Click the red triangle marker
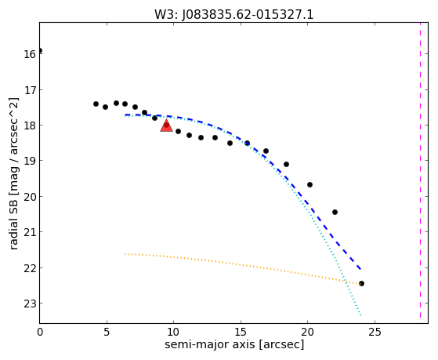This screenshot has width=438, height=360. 166,125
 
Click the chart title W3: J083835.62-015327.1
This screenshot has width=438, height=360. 234,15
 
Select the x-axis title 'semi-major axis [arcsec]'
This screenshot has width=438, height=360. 234,344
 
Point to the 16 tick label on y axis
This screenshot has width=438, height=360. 30,54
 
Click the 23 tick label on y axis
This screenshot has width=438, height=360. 30,304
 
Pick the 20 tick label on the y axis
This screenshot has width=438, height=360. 30,197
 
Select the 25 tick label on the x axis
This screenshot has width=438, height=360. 375,332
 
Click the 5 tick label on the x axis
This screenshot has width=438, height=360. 107,332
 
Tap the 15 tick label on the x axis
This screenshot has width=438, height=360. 241,332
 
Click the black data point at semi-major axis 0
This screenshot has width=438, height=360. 40,51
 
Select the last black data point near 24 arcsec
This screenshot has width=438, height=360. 361,283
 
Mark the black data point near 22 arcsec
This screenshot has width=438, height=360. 335,212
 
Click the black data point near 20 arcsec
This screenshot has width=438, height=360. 309,184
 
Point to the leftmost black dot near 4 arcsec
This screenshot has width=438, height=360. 96,104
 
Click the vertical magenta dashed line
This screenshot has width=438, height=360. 420,173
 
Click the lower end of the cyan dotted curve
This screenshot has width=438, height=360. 361,315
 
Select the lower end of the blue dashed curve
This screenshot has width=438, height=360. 360,269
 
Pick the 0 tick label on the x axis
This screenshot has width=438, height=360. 40,332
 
